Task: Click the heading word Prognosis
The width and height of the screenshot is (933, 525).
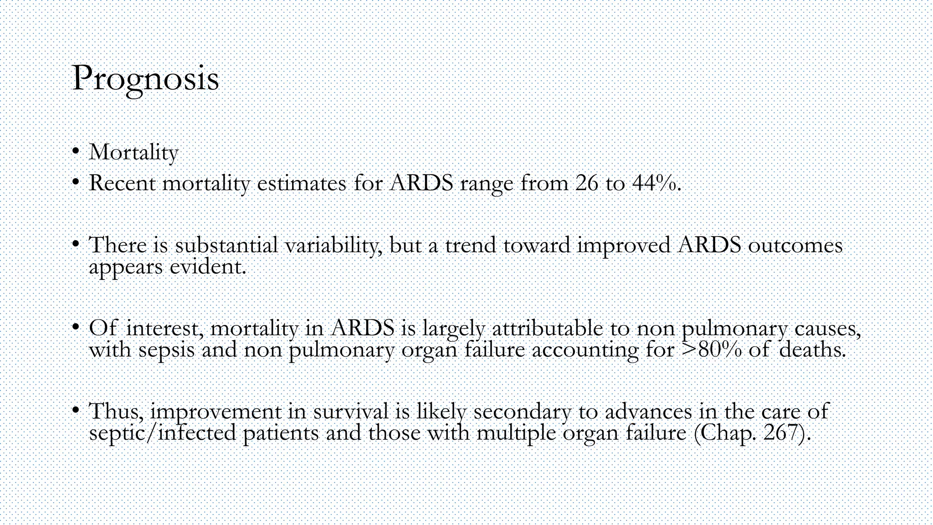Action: tap(145, 79)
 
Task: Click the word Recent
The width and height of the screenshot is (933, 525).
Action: tap(122, 183)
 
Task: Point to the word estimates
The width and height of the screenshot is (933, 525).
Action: tap(302, 183)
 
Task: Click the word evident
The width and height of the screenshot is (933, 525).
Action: tap(208, 267)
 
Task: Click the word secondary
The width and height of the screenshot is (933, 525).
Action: tap(522, 412)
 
